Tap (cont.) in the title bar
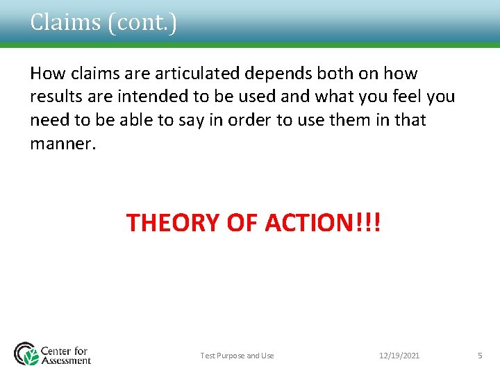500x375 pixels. (x=142, y=22)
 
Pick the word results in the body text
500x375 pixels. (x=54, y=96)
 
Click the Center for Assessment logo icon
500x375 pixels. (x=26, y=353)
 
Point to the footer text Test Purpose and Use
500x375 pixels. (x=237, y=356)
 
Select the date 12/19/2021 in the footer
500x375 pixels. (x=399, y=356)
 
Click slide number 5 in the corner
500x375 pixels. (x=479, y=356)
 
